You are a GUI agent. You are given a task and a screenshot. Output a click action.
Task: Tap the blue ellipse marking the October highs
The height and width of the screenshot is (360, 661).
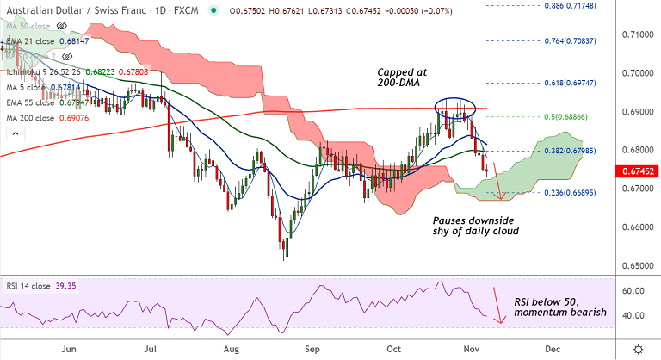click(454, 108)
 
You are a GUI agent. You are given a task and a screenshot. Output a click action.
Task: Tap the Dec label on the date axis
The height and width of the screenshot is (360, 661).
click(548, 349)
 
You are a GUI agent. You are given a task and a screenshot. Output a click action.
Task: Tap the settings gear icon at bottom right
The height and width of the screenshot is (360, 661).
click(638, 348)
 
